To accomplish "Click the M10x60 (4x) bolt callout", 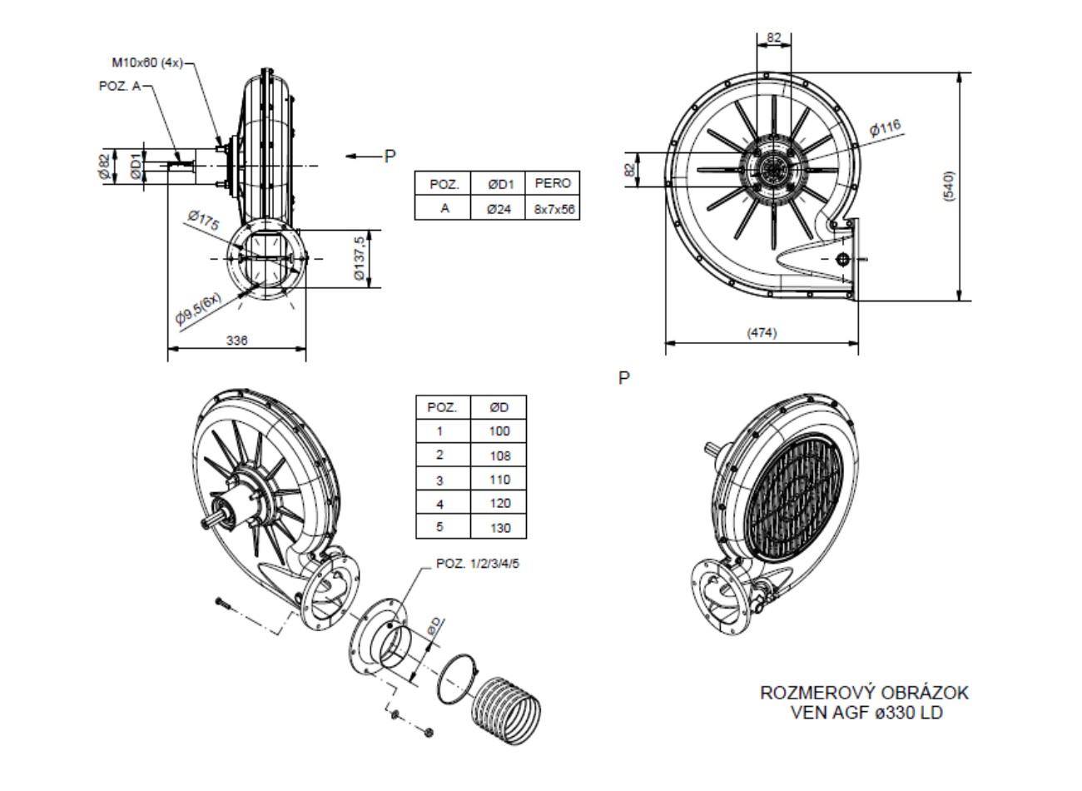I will tap(146, 62).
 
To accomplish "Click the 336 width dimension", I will tap(237, 340).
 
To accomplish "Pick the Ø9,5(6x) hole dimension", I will tap(199, 308).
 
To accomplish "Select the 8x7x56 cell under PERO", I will tap(553, 208).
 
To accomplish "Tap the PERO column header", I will tap(553, 183).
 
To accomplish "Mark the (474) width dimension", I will tap(761, 333).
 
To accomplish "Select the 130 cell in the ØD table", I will tap(500, 527).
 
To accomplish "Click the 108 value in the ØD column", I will tap(500, 455).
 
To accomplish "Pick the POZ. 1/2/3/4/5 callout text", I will tap(478, 564).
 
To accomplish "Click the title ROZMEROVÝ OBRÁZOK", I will tap(865, 693).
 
